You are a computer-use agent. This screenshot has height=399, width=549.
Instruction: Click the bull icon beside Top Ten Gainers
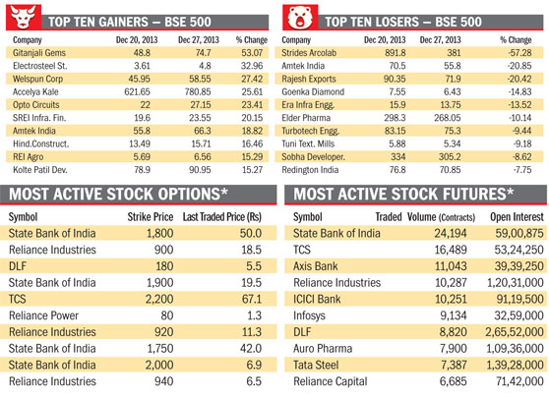pos(24,17)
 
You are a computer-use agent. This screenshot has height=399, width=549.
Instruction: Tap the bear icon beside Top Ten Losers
pos(300,17)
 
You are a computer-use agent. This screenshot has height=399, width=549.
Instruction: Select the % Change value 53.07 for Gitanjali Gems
pos(252,53)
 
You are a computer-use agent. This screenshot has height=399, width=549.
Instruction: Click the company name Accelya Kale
pos(35,92)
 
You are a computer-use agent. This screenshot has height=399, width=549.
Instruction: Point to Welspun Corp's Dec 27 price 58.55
pos(200,79)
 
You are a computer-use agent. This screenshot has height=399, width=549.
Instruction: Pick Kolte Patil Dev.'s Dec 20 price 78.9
pos(142,170)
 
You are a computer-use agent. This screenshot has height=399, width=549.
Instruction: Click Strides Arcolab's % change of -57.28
pos(519,53)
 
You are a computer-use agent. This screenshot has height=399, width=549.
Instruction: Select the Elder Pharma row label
pos(306,118)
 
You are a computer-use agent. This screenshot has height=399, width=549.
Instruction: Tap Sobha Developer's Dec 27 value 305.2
pos(450,156)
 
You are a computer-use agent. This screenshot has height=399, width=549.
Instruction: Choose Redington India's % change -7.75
pos(522,170)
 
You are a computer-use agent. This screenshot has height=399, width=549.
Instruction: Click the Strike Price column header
pos(151,217)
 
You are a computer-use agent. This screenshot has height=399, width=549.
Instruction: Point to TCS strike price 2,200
pos(159,300)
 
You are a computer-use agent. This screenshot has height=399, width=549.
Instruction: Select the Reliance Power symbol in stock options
pos(43,315)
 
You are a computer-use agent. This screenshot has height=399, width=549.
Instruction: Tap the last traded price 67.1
pos(252,300)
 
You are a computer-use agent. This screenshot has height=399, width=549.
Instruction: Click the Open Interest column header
pos(517,217)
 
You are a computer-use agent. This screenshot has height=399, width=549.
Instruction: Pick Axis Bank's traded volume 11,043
pos(451,266)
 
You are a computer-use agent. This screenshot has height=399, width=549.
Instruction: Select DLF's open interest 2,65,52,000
pos(515,332)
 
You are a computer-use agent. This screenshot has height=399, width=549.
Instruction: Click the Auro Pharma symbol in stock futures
pos(323,349)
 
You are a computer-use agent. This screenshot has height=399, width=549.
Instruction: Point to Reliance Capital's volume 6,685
pos(453,381)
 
